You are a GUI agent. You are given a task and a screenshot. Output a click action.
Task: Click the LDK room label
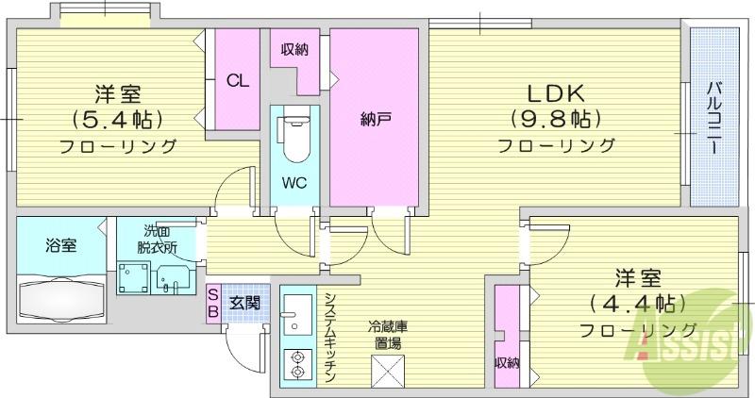(x=556, y=93)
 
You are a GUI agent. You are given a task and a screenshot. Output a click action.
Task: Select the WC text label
(x=294, y=183)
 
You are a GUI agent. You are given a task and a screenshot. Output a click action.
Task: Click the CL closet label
(x=238, y=80)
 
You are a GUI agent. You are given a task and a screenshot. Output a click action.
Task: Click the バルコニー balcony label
(x=714, y=118)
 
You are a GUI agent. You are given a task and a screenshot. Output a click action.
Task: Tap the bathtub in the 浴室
(x=61, y=301)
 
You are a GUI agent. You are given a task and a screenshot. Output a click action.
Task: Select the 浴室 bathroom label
(x=60, y=245)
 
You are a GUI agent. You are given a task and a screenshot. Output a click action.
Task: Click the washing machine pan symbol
(x=134, y=277)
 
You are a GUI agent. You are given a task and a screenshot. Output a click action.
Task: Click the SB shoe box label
(x=213, y=303)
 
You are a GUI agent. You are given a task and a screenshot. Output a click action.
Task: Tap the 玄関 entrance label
(x=244, y=303)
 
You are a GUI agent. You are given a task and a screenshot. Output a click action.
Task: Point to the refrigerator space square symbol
(x=388, y=370)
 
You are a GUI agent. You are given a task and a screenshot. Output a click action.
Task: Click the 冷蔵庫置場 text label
(x=388, y=336)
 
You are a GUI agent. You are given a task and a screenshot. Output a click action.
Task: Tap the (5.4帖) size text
(x=117, y=119)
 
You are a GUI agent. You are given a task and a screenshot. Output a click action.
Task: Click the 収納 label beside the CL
(x=294, y=49)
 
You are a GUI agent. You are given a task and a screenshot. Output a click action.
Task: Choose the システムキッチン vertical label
(x=330, y=337)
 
